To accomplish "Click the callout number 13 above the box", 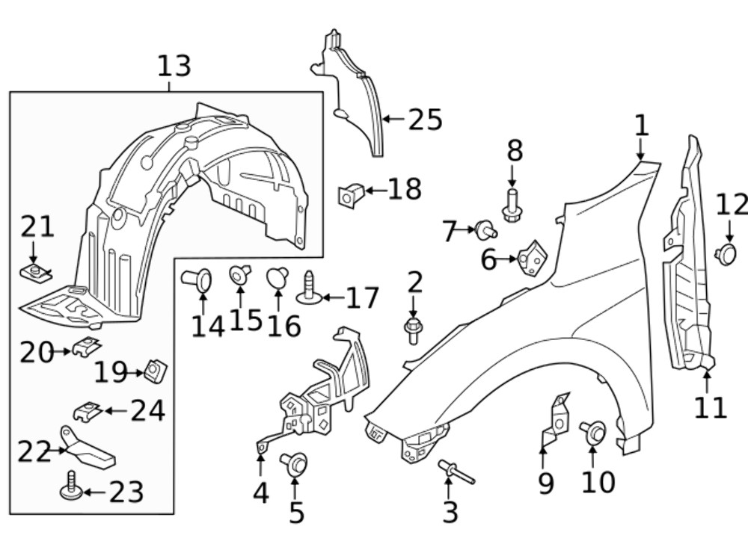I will (x=174, y=66).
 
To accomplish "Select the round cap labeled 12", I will (x=726, y=254).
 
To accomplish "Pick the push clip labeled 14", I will (x=197, y=279).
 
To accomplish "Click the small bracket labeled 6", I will (x=532, y=257).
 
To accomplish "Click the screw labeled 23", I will (x=68, y=486).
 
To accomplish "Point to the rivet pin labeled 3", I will (x=456, y=472).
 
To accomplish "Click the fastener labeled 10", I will (x=593, y=430).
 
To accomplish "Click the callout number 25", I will (x=425, y=120).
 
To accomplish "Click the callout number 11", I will (x=710, y=407).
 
